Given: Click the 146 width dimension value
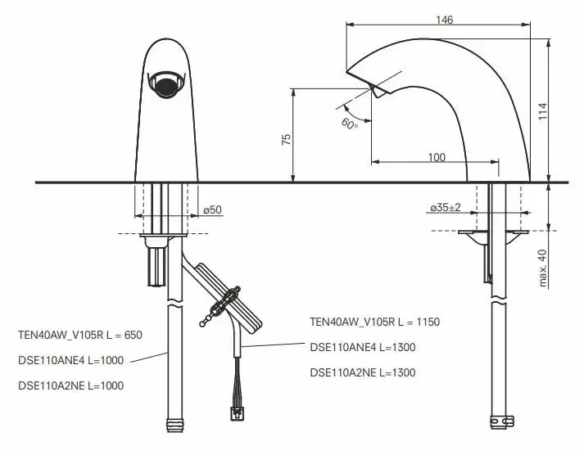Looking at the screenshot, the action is [444, 20].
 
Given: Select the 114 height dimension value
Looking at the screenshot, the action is [542, 110].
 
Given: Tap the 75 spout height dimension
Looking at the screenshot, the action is [286, 139].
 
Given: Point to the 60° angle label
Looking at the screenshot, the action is [350, 124].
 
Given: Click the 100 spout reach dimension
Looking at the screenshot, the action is [437, 157].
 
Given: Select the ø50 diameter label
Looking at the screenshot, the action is [213, 209].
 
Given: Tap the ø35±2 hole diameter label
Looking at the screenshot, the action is [445, 207].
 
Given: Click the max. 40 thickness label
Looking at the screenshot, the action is [542, 268].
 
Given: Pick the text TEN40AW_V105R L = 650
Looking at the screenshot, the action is [80, 335].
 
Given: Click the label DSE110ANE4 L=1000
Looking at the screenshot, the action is [70, 360].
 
